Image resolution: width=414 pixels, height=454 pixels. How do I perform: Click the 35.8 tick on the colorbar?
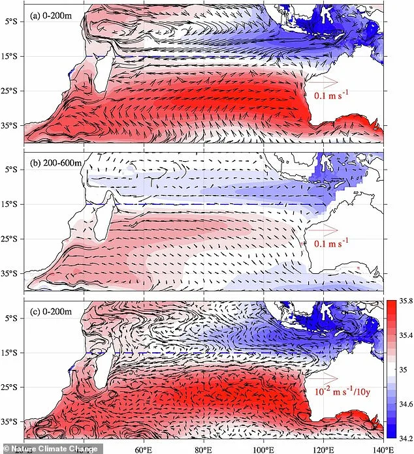pyautogui.click(x=402, y=301)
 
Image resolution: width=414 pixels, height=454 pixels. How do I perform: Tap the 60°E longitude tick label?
pyautogui.click(x=142, y=449)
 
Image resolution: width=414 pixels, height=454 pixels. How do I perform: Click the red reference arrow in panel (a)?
pyautogui.click(x=323, y=82)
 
